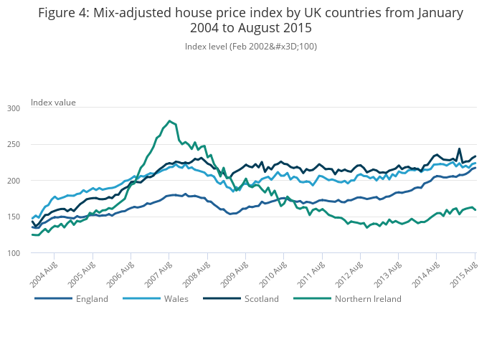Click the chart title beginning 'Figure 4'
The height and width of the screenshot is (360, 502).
[250, 21]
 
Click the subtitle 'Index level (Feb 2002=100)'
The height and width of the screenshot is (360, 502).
[250, 47]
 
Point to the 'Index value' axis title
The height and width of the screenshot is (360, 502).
[53, 103]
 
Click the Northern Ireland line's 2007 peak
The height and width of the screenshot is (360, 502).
[169, 121]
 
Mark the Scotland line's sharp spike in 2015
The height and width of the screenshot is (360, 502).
[459, 149]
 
